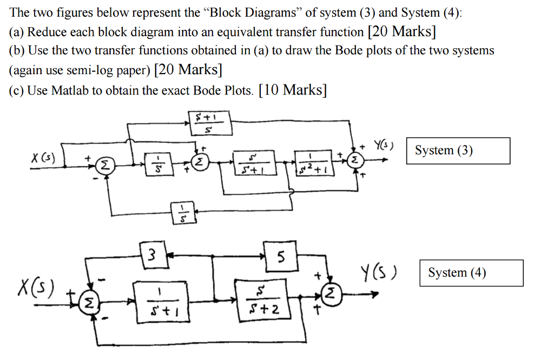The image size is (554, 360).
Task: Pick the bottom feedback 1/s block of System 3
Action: tap(183, 213)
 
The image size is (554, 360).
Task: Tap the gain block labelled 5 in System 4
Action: tap(280, 255)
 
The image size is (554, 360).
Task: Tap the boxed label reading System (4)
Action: tap(471, 273)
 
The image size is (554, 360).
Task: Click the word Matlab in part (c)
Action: tap(70, 90)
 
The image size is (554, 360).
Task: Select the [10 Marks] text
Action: tap(293, 90)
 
